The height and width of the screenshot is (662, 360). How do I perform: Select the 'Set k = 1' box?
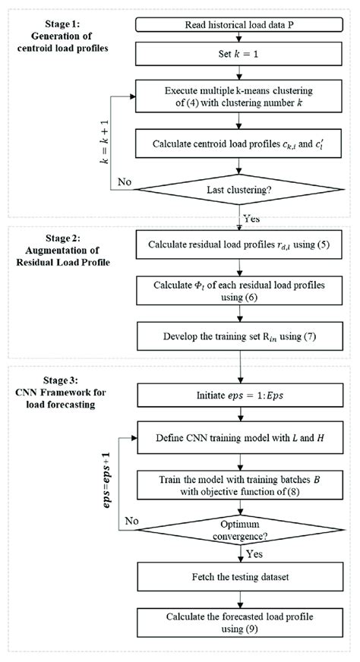(x=239, y=55)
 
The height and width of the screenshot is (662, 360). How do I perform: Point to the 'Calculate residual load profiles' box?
(x=239, y=247)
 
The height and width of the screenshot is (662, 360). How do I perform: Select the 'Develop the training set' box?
(x=239, y=336)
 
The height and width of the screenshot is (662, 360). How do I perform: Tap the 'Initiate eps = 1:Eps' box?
(x=239, y=396)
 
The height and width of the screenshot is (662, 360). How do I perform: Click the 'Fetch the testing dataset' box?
(x=239, y=579)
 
